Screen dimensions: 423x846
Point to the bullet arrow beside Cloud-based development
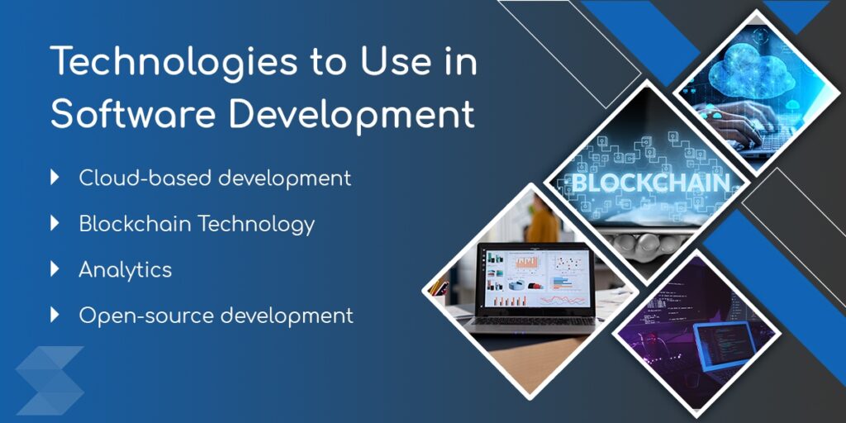[x=55, y=177]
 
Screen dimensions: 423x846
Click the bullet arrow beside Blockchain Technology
[x=55, y=222]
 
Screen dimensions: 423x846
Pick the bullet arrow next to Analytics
[x=55, y=269]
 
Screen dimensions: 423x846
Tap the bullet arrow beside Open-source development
[x=55, y=314]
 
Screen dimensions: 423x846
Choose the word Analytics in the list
[x=125, y=269]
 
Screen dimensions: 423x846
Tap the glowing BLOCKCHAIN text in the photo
[x=650, y=183]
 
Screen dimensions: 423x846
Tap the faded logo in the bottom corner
[x=50, y=380]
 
